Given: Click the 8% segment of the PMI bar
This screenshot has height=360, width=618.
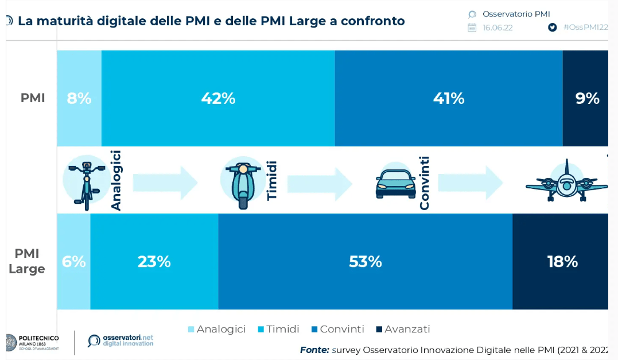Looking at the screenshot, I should coord(79,98).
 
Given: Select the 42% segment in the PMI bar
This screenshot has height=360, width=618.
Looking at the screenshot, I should coord(218,98).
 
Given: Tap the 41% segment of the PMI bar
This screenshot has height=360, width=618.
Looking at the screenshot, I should coord(449,98).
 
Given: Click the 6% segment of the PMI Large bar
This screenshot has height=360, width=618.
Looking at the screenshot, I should coord(74,261).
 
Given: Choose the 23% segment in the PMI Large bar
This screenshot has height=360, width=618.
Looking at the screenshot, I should coord(154,261).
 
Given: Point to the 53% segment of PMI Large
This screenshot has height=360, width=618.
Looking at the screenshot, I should coord(366,261).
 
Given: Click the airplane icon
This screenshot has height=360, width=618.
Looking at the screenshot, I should coord(566,181).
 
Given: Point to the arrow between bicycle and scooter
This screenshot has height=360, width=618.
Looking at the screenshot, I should coord(165,183).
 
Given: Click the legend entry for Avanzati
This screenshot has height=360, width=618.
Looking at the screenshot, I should coord(403,329).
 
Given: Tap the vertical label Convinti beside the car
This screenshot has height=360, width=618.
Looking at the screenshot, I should coord(425,183).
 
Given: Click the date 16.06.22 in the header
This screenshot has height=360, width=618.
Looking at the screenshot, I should coord(497,28).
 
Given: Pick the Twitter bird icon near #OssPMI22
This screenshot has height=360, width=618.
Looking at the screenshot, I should coord(553,28).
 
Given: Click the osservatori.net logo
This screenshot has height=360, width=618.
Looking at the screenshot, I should coord(121,340).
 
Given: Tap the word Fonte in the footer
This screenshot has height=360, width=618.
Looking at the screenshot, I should coord(314,350).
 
